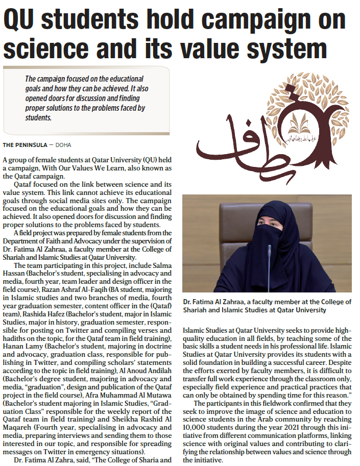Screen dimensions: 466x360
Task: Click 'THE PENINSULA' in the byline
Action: point(25,145)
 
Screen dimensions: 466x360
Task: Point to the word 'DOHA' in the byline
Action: point(63,145)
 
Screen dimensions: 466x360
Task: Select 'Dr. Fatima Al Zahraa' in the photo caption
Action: point(215,302)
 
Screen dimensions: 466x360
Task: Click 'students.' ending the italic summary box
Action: point(38,117)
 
